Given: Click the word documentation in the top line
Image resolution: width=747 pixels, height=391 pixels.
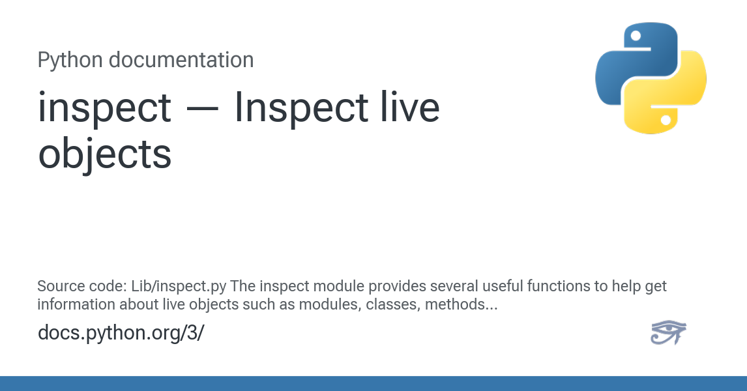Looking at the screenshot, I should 181,60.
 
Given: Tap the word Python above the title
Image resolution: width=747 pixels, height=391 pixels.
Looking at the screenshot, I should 70,60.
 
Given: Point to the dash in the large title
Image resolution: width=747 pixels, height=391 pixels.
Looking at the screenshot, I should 203,108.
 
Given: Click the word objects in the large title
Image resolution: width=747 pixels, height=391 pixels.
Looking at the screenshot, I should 104,154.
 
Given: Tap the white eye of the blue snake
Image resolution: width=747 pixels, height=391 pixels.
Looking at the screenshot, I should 636,35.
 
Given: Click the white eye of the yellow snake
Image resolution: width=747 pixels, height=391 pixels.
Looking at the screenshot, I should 666,120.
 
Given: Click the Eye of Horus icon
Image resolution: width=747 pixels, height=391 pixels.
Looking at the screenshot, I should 668,332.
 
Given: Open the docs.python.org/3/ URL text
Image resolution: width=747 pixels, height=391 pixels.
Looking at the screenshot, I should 121,332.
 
